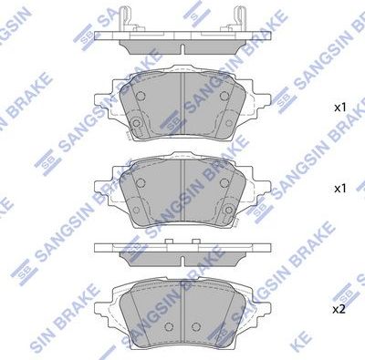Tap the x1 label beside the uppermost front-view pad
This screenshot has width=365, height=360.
click(x=339, y=108)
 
